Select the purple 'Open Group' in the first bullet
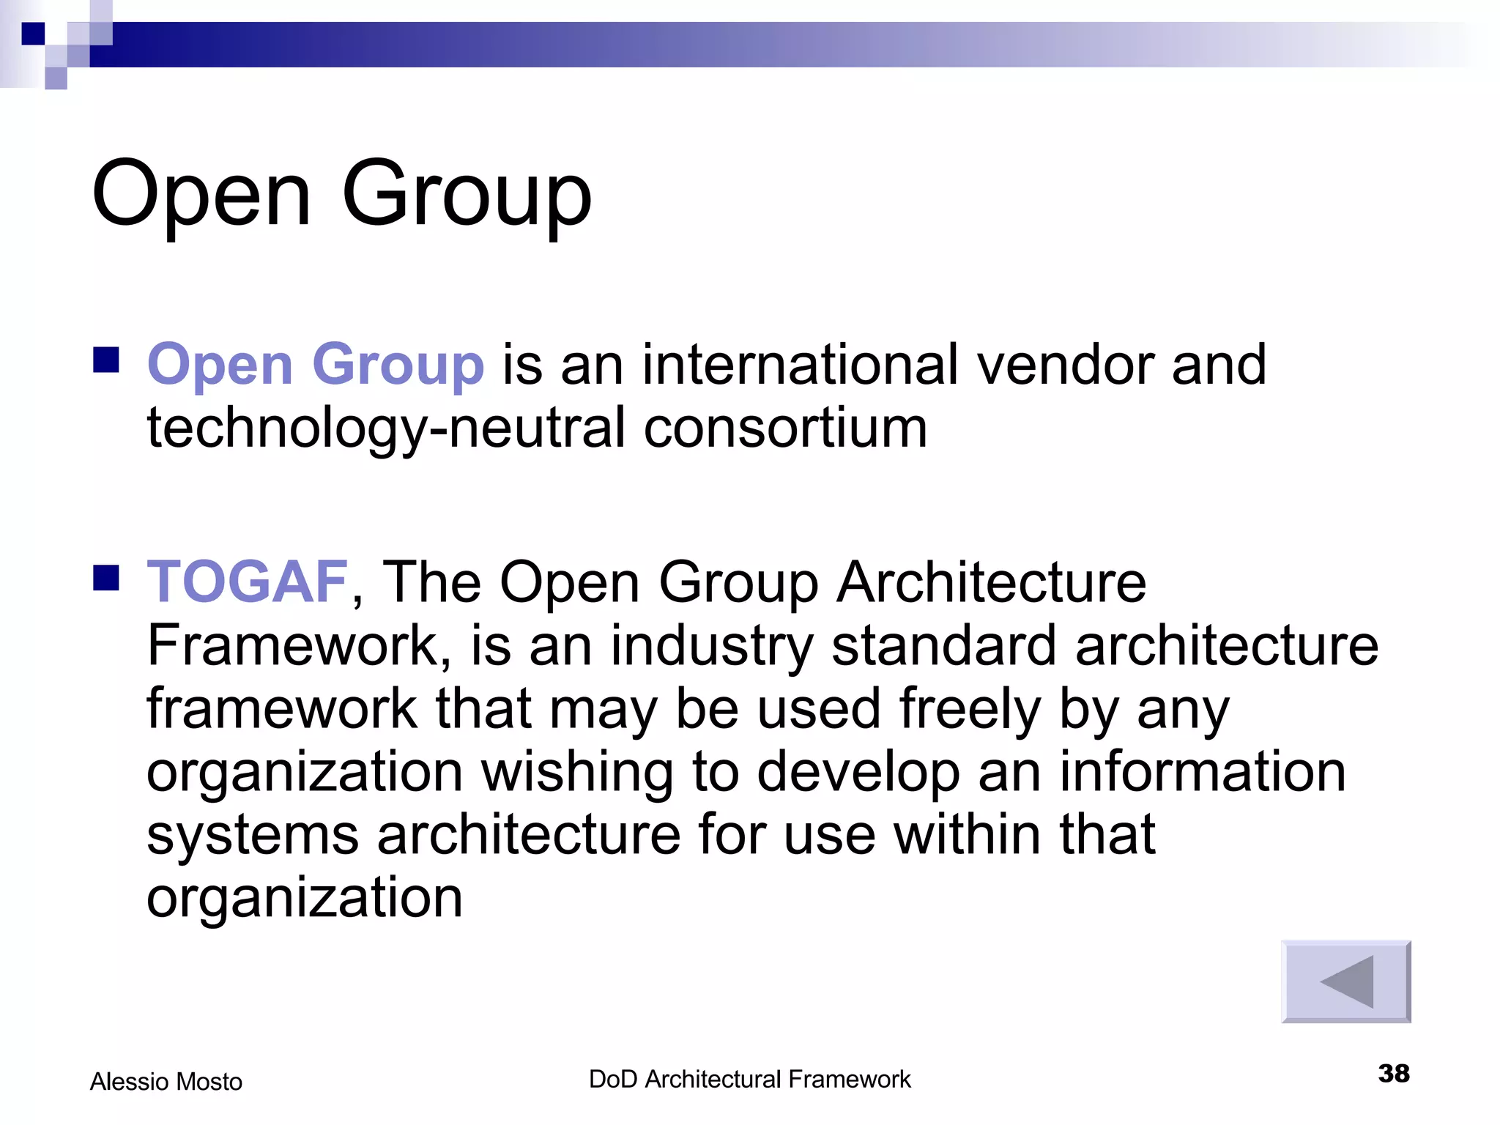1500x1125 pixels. point(315,365)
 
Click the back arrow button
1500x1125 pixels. point(1345,981)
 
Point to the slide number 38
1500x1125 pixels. point(1393,1074)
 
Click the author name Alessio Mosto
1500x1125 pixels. point(166,1081)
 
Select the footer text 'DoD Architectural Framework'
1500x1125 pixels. point(749,1080)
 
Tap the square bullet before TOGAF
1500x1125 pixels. point(107,577)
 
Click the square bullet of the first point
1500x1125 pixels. point(107,360)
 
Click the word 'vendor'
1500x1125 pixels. point(1065,365)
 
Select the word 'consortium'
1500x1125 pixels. point(785,428)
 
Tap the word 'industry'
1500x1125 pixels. point(712,646)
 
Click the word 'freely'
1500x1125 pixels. point(970,709)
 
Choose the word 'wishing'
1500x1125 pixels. point(577,772)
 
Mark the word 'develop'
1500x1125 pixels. point(858,773)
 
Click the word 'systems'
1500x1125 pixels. point(253,836)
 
